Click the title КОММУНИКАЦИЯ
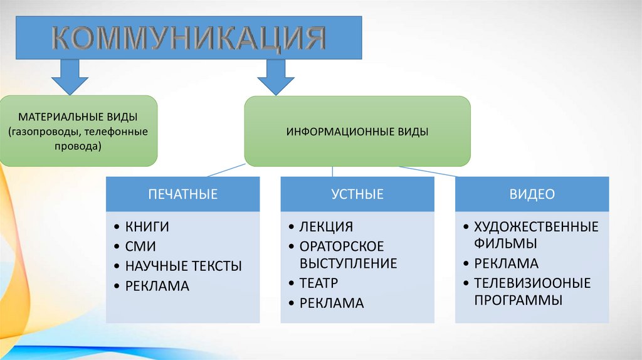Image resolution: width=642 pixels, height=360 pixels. [188, 38]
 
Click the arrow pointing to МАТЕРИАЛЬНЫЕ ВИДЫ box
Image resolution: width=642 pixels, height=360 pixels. [70, 74]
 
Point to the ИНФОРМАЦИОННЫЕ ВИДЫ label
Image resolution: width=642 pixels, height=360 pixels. [357, 132]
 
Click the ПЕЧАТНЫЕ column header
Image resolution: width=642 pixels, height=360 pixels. [182, 194]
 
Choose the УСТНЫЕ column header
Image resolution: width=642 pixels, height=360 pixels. [357, 194]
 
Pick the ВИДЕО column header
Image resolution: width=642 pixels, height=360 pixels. [532, 194]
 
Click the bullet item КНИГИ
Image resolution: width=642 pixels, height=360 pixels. [147, 227]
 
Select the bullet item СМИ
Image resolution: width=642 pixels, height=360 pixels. [140, 246]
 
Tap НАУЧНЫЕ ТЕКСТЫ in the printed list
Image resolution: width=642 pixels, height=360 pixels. [183, 266]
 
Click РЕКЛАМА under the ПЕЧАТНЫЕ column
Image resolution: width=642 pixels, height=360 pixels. [157, 286]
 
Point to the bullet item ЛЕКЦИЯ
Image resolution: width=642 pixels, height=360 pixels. [326, 227]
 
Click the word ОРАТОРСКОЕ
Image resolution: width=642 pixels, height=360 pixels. [342, 246]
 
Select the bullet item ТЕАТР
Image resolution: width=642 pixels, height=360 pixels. [318, 283]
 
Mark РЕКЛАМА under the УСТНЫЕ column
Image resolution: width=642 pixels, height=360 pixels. [332, 303]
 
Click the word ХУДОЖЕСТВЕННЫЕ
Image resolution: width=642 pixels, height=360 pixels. [536, 227]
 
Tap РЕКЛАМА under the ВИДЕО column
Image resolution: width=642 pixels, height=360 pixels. [506, 263]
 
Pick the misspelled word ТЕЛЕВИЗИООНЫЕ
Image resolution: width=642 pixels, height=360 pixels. [532, 283]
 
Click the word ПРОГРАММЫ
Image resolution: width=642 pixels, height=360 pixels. [517, 300]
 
